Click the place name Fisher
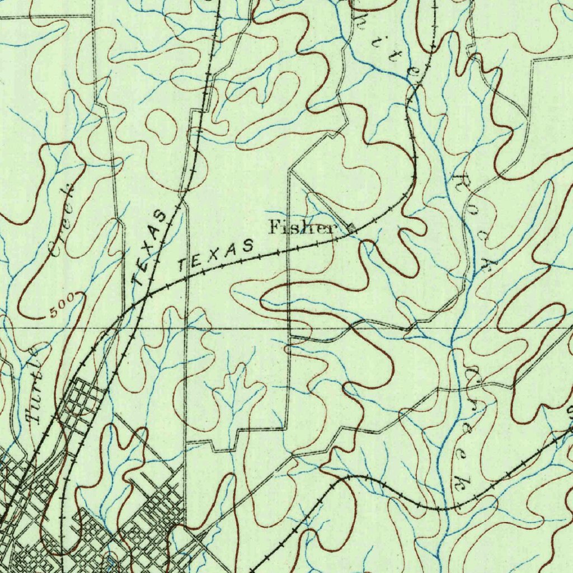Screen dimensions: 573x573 pyautogui.click(x=303, y=227)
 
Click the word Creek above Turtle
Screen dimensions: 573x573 pyautogui.click(x=62, y=218)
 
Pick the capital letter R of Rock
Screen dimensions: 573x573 pyautogui.click(x=462, y=181)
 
